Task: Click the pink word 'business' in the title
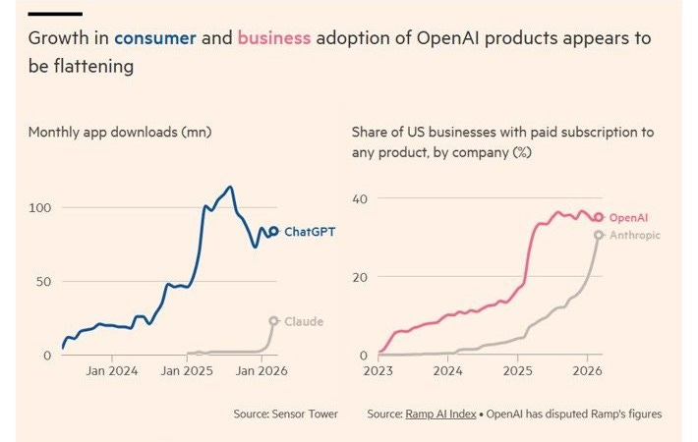[x=273, y=38]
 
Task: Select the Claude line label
[x=303, y=321]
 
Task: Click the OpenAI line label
[x=629, y=217]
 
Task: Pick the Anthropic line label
[x=635, y=235]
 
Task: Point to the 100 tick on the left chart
[x=40, y=208]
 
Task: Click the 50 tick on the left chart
[x=43, y=282]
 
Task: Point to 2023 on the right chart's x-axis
[x=378, y=371]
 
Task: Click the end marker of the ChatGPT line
[x=274, y=232]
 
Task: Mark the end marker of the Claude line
[x=274, y=321]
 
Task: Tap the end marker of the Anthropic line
[x=599, y=235]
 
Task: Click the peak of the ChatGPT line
[x=229, y=187]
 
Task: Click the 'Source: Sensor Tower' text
[x=285, y=414]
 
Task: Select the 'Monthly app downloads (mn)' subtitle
[x=120, y=132]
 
